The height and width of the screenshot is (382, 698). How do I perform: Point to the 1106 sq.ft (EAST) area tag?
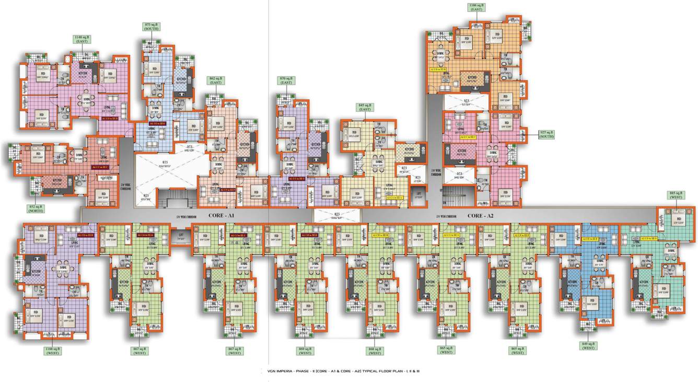(476, 7)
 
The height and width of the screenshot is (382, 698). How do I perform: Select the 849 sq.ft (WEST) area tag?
(588, 345)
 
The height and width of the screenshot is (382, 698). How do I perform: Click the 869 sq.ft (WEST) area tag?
(305, 351)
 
